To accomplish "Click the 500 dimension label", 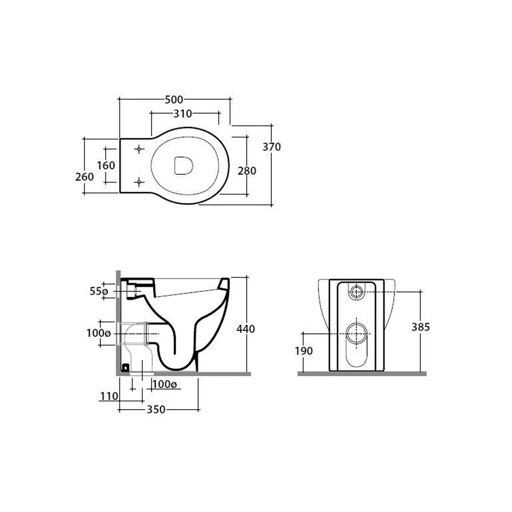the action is [x=174, y=100].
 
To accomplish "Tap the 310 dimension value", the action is [x=183, y=114].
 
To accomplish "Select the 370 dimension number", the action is [x=272, y=147].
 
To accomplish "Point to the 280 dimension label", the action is [x=247, y=171].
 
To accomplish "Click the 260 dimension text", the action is [x=84, y=177].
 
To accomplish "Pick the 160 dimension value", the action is [x=106, y=165].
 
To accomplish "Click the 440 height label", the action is [x=246, y=329].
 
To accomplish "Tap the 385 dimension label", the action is [x=421, y=327].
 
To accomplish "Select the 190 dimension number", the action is [x=304, y=351].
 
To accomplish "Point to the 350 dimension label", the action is [x=156, y=410].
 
